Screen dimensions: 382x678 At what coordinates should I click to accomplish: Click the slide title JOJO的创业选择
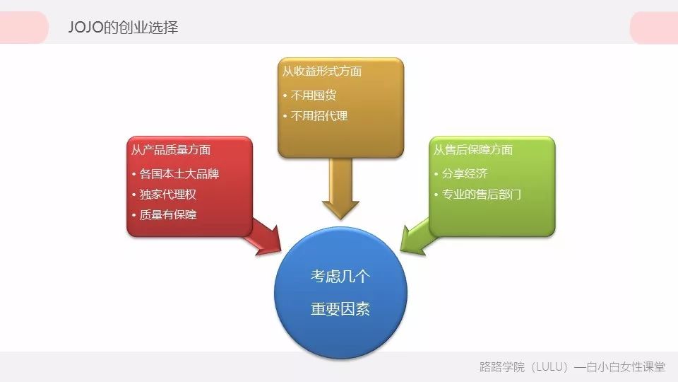[123, 28]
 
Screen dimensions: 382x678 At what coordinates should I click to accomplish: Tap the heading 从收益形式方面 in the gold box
[322, 71]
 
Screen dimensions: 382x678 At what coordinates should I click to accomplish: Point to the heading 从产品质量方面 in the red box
[171, 150]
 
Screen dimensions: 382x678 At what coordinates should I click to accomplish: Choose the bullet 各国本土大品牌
[179, 173]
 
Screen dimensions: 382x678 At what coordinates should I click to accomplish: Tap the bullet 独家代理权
[169, 194]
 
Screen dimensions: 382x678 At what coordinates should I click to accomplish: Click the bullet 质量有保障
[169, 214]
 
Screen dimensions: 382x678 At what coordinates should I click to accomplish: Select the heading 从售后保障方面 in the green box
[473, 150]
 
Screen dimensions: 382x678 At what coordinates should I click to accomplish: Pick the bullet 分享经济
[465, 173]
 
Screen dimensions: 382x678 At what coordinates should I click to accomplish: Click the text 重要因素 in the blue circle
[340, 309]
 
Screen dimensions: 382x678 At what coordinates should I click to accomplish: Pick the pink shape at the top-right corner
[654, 28]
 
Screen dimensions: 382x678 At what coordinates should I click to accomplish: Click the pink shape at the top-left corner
[24, 28]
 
